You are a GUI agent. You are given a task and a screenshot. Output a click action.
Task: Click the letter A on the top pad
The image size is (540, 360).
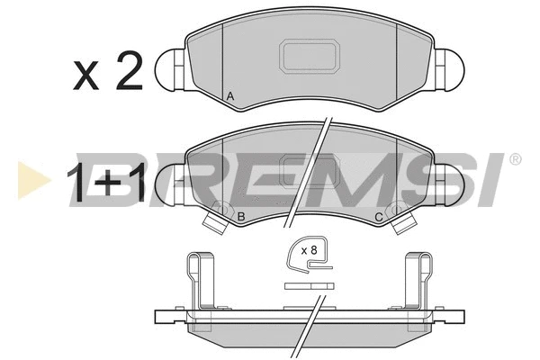point(230,96)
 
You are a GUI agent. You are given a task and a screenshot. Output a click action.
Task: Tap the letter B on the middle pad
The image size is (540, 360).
point(241,216)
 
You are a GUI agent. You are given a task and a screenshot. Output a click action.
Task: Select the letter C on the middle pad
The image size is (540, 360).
point(379,217)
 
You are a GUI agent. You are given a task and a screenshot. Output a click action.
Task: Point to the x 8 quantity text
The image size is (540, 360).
point(309,250)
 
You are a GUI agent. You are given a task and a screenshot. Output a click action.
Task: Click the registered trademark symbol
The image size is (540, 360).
point(515,159)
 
